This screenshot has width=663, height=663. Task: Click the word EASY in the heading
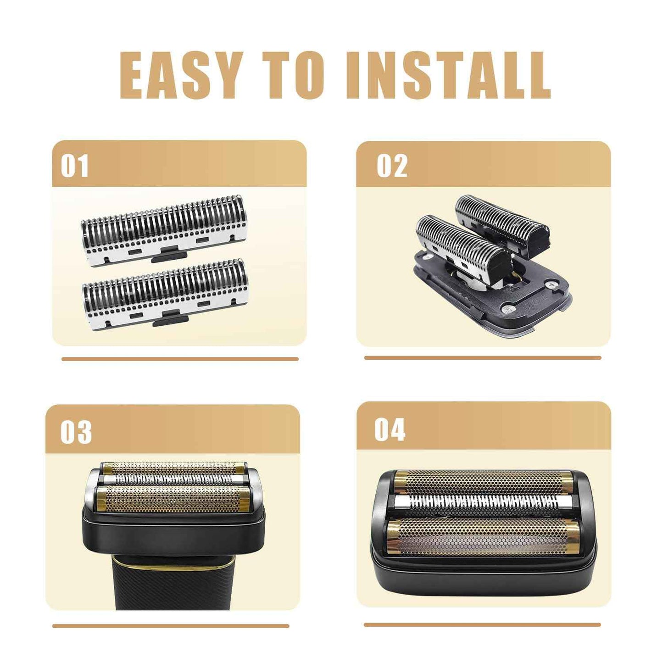[x=180, y=75]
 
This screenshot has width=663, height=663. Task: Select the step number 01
[x=74, y=166]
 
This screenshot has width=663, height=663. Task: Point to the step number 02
[x=392, y=166]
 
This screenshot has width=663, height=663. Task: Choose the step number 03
[x=76, y=432]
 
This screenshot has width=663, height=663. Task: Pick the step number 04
[x=390, y=430]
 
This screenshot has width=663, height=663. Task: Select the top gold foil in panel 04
[x=484, y=483]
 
